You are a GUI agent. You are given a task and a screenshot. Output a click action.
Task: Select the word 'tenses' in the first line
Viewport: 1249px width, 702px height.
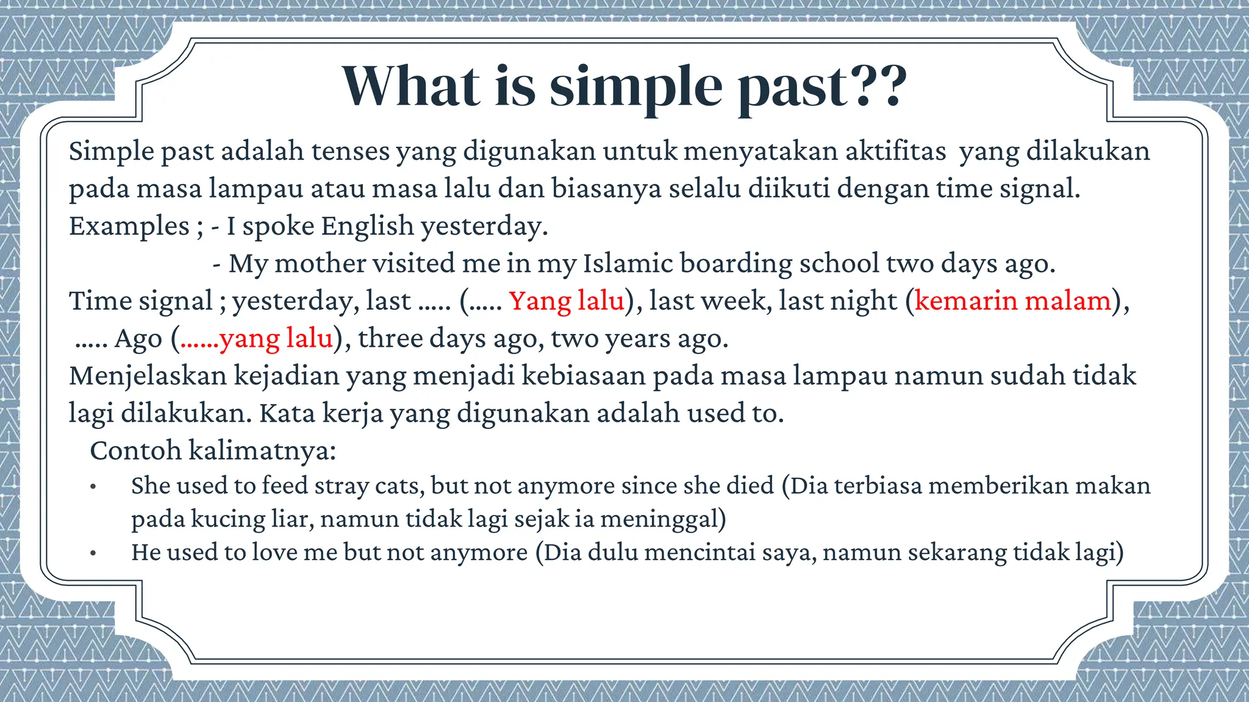[350, 151]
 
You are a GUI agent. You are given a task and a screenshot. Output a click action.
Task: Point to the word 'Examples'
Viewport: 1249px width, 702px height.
[129, 226]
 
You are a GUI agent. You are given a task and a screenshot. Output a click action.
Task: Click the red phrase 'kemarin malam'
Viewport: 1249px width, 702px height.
[1012, 301]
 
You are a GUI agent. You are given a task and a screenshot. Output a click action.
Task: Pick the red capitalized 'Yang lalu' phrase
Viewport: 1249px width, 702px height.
[567, 301]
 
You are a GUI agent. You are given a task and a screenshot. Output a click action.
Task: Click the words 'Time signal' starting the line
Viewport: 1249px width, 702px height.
[140, 301]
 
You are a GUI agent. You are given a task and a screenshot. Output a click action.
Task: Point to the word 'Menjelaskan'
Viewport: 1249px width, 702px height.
[148, 375]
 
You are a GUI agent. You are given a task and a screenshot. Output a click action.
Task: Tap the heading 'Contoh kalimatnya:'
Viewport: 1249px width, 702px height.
[213, 451]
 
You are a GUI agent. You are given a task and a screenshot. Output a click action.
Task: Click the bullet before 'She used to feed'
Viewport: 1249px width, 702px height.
[93, 487]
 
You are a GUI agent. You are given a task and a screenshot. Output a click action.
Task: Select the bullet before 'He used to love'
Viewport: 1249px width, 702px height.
[93, 553]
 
